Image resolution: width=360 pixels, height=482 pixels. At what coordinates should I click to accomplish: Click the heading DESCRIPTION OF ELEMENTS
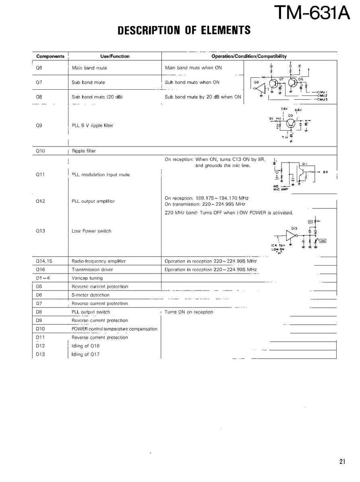coord(184,30)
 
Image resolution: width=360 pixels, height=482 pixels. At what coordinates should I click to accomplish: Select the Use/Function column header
coord(115,56)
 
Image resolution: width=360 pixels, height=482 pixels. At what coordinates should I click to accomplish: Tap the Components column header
coord(50,56)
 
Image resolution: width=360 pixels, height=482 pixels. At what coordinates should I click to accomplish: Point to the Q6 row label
coord(39,68)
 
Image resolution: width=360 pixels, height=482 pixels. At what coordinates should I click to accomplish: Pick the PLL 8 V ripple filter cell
coord(92,126)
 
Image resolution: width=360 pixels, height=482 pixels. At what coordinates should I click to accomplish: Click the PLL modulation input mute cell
coord(101,175)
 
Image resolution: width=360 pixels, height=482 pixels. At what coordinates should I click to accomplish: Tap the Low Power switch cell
coord(91,231)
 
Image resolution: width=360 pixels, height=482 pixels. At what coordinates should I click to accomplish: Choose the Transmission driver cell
coord(92,270)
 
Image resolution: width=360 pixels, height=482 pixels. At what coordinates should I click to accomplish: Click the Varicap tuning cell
coord(87,278)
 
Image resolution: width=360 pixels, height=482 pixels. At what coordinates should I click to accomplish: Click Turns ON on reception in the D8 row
coord(189,312)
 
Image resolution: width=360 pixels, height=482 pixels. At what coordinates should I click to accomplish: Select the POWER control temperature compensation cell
coord(114,329)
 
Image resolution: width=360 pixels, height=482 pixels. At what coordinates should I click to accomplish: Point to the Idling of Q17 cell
coord(85,354)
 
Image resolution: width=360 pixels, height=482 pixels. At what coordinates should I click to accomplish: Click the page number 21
coord(342,462)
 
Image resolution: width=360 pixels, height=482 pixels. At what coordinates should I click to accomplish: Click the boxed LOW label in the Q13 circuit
coord(323,241)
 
